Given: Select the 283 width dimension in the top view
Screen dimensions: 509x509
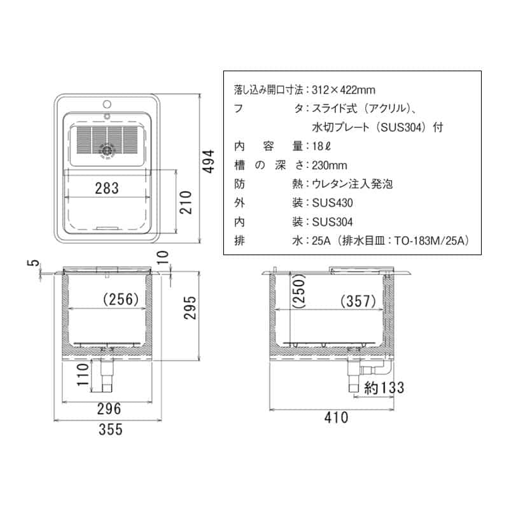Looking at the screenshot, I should click(x=108, y=188).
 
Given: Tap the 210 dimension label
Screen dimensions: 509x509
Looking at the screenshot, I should click(x=186, y=202).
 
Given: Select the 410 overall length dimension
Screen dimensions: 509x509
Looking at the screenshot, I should click(x=337, y=417).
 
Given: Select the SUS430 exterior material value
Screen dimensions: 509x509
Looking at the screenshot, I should click(x=332, y=203).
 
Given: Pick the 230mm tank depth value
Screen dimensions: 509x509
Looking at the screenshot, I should click(x=330, y=165).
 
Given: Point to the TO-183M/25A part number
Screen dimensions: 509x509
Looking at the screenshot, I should click(x=431, y=241).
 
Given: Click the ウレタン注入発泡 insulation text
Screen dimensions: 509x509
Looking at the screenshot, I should click(x=352, y=184).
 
